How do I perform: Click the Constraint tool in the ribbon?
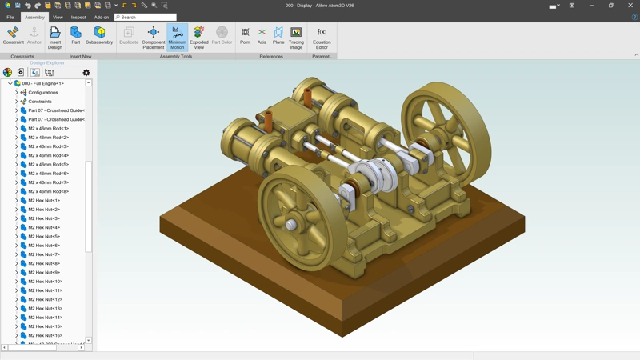[x=13, y=36]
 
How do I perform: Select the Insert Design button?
[x=54, y=36]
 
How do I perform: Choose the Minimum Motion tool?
[x=177, y=36]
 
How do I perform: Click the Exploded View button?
[x=199, y=36]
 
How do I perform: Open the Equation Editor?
[x=322, y=36]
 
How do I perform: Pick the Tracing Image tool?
[x=296, y=36]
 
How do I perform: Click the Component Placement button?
[x=153, y=36]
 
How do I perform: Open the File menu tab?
[x=10, y=17]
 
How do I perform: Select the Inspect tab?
[x=78, y=17]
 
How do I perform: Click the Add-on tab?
[x=102, y=17]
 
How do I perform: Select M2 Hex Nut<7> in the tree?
[x=44, y=254]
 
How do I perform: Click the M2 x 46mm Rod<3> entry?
[x=48, y=146]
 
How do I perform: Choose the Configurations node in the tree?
[x=42, y=93]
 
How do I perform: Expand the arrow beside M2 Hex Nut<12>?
[x=16, y=299]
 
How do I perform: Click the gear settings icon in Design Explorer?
[x=86, y=73]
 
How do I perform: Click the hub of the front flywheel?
[x=292, y=225]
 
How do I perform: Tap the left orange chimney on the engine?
[x=269, y=121]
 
